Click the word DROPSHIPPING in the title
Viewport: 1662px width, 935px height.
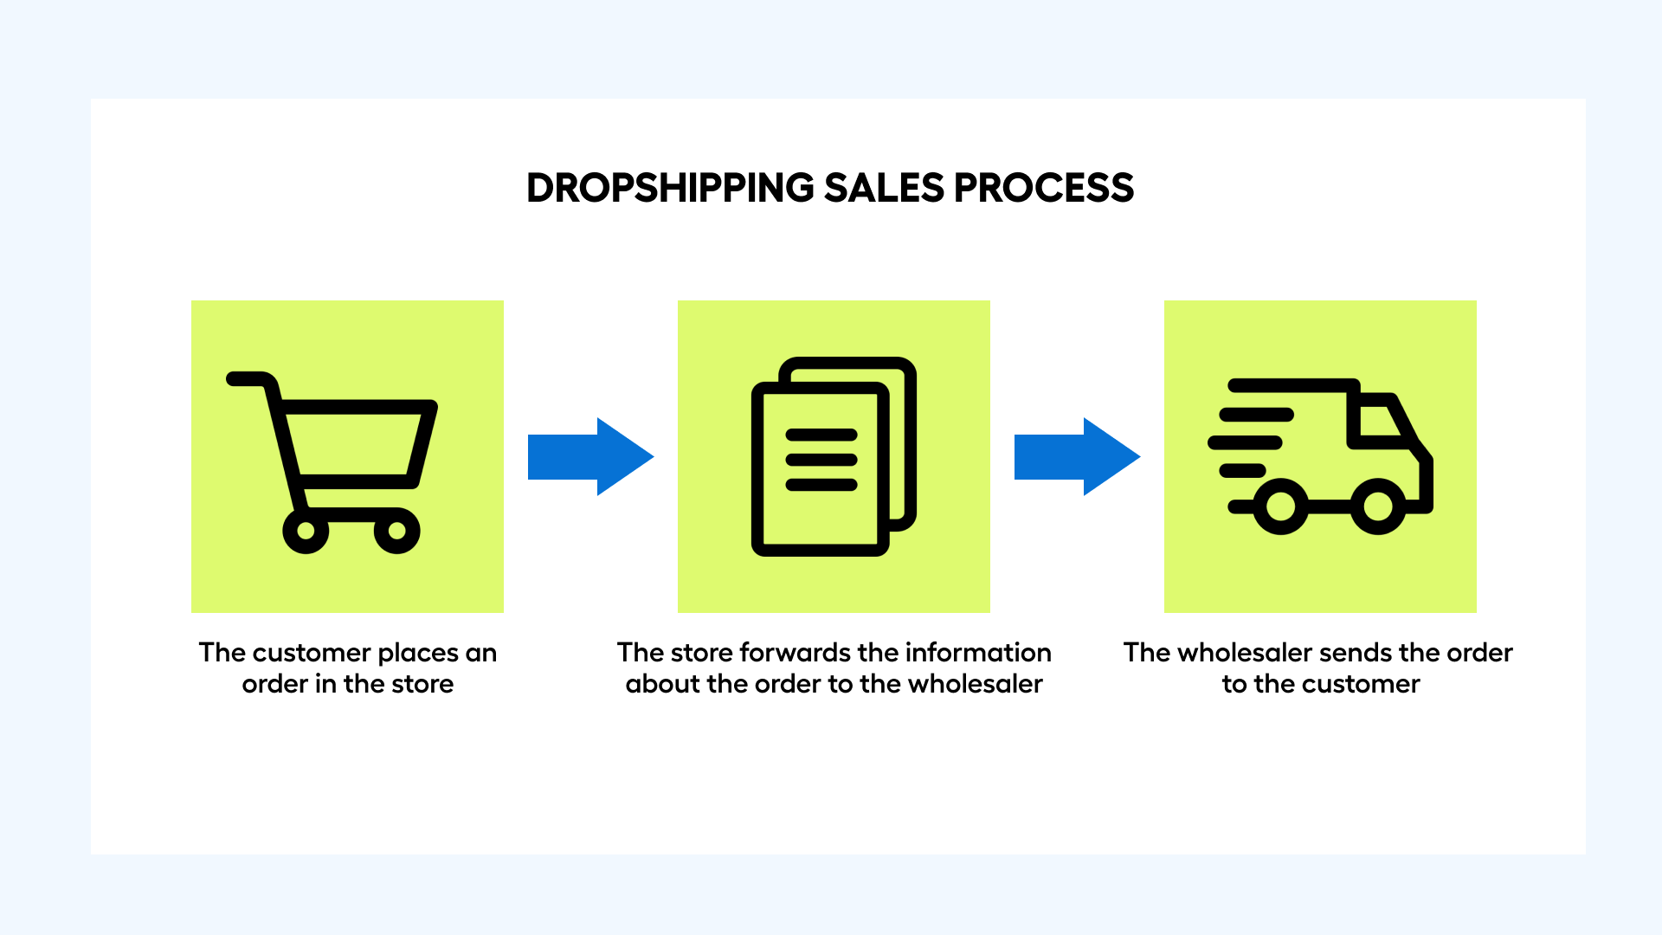671,188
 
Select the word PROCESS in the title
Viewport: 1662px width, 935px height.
1044,188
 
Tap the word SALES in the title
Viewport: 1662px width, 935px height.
884,188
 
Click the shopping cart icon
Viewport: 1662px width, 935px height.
332,462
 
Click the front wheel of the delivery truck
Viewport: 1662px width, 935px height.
1378,506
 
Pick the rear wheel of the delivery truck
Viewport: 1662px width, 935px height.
1281,506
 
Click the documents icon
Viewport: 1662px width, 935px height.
834,456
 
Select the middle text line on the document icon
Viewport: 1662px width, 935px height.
821,460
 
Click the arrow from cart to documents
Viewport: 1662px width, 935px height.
591,456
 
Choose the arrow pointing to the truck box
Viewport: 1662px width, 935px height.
1078,456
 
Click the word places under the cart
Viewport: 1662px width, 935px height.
418,654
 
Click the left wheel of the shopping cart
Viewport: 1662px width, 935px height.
306,531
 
